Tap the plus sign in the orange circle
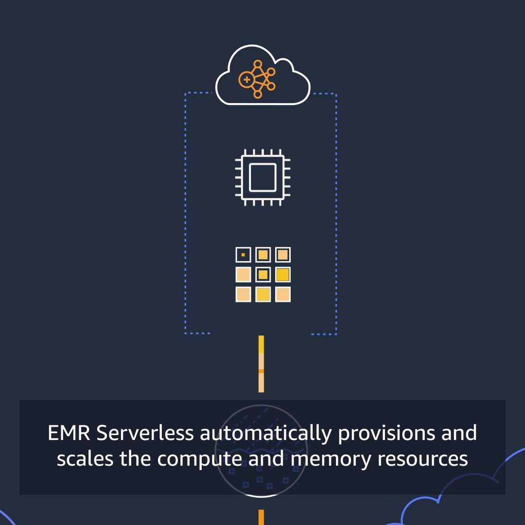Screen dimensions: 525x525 (246, 79)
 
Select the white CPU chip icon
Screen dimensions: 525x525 (262, 177)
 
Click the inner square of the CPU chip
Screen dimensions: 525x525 (262, 177)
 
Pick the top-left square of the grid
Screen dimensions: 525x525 (243, 255)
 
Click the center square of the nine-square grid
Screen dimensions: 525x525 (263, 275)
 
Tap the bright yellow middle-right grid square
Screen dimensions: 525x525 (282, 275)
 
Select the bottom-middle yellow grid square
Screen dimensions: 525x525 (263, 294)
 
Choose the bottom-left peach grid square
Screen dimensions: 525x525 (243, 294)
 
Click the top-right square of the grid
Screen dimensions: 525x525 (282, 255)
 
